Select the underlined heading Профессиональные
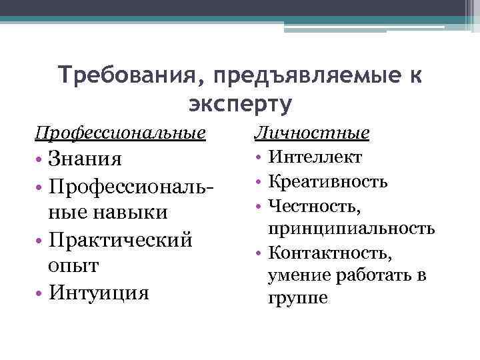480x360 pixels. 121,133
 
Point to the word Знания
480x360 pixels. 85,159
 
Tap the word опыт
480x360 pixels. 75,265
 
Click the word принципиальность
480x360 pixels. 351,229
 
